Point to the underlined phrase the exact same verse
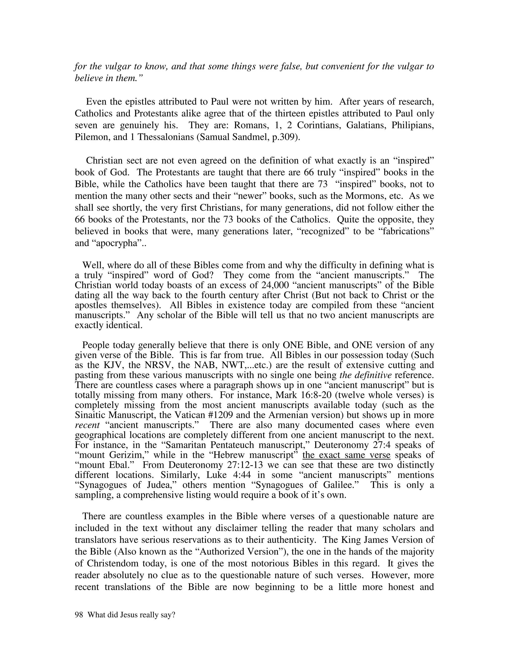point(346,455)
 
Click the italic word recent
point(87,425)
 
